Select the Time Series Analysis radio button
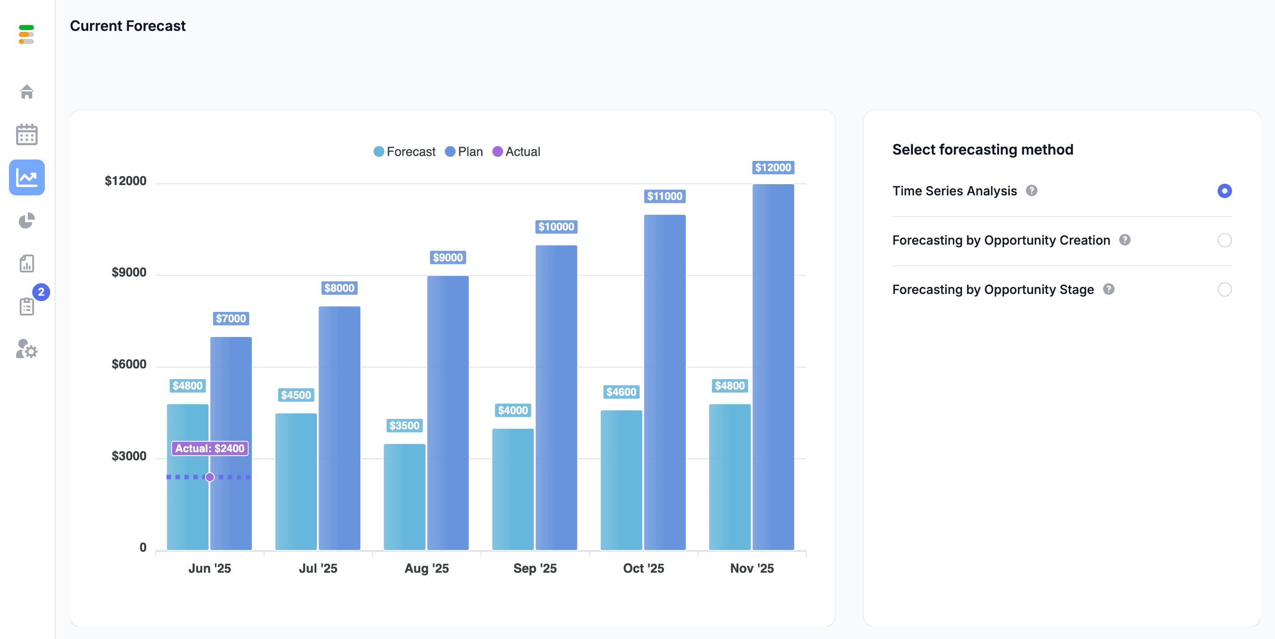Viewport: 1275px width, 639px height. [1224, 190]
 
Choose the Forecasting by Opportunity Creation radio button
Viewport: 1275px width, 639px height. [1224, 240]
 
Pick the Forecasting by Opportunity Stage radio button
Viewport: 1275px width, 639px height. [1224, 289]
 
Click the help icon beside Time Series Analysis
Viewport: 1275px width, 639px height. [1031, 190]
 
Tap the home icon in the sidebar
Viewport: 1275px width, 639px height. [27, 91]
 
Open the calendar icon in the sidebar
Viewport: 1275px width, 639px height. [27, 134]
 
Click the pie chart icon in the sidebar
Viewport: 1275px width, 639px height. [27, 220]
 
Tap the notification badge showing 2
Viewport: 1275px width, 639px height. [41, 292]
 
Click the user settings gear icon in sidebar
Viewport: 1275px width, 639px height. [27, 349]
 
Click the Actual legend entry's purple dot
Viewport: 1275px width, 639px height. [497, 151]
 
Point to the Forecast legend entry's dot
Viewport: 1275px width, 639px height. [379, 151]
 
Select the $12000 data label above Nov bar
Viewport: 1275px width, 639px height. [773, 167]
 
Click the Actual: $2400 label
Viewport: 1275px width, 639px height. [210, 449]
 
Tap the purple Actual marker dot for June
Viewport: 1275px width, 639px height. [210, 477]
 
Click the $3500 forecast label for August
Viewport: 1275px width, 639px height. [405, 426]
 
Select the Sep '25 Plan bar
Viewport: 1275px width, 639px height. [556, 397]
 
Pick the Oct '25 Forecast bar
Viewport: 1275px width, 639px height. [621, 480]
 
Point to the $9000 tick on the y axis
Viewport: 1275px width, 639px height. [129, 272]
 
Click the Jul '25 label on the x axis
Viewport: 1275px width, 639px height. [318, 568]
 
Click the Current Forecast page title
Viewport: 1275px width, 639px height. [128, 26]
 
